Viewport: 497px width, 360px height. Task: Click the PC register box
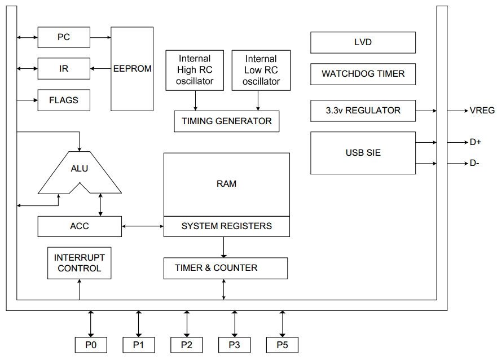click(64, 37)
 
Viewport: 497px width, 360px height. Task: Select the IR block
click(64, 69)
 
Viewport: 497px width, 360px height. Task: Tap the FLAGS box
click(64, 100)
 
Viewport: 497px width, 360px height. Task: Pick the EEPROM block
click(133, 69)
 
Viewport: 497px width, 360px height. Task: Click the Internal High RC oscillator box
click(195, 70)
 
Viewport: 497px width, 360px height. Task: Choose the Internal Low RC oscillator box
click(261, 70)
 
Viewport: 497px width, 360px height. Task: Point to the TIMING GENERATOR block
click(226, 121)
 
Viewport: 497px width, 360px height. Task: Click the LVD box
click(363, 42)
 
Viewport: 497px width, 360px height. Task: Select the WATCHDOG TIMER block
click(363, 74)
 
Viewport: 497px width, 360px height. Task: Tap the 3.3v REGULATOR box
click(363, 111)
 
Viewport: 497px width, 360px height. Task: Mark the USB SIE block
click(363, 153)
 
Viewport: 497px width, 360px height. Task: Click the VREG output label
click(482, 111)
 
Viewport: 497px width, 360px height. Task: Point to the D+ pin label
click(475, 142)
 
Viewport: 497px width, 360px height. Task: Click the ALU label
click(80, 168)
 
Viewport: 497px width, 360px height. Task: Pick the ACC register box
click(80, 226)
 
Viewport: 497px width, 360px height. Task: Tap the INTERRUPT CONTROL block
click(79, 263)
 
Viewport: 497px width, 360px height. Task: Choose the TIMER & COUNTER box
click(225, 268)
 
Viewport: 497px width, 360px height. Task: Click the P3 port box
click(234, 345)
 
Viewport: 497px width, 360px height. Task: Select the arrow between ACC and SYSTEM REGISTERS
click(143, 227)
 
